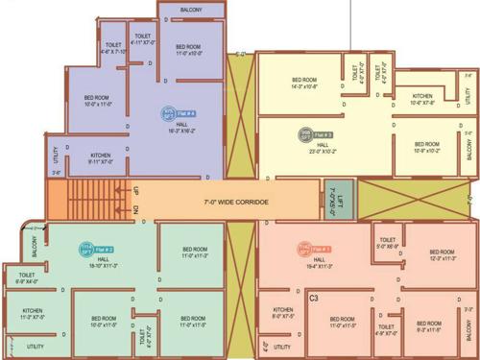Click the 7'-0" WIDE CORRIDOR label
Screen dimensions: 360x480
(x=236, y=203)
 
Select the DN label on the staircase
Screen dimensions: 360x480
(x=136, y=210)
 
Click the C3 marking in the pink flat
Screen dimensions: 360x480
(x=314, y=299)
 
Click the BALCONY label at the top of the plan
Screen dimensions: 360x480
(x=192, y=11)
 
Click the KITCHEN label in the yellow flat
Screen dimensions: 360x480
(x=422, y=99)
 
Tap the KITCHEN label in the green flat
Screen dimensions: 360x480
(x=33, y=313)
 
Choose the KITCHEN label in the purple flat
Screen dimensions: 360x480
(x=101, y=158)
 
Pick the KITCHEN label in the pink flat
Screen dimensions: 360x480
(x=282, y=313)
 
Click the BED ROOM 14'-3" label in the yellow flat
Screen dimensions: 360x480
(x=304, y=83)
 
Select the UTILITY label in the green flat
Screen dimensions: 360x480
(x=36, y=346)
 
